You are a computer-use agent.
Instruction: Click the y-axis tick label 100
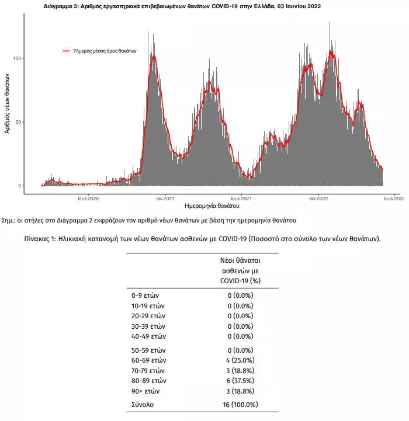pyautogui.click(x=17, y=58)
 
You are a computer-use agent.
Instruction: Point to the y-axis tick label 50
pyautogui.click(x=18, y=122)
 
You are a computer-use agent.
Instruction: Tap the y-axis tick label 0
pyautogui.click(x=20, y=186)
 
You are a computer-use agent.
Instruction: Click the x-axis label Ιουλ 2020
pyautogui.click(x=88, y=199)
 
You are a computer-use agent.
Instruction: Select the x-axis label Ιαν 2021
pyautogui.click(x=165, y=199)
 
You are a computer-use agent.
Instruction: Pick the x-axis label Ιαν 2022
pyautogui.click(x=318, y=199)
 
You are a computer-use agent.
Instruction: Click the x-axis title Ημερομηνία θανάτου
pyautogui.click(x=212, y=206)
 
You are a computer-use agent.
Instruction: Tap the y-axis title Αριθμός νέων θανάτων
pyautogui.click(x=7, y=103)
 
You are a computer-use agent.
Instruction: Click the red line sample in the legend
pyautogui.click(x=66, y=51)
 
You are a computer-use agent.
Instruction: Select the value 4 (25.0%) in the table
pyautogui.click(x=240, y=360)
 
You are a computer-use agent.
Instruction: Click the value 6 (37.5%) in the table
pyautogui.click(x=240, y=381)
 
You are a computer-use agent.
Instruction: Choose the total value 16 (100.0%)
pyautogui.click(x=240, y=405)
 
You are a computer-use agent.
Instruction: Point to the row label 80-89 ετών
pyautogui.click(x=149, y=381)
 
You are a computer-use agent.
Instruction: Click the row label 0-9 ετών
pyautogui.click(x=145, y=295)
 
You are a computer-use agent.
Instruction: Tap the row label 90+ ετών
pyautogui.click(x=145, y=391)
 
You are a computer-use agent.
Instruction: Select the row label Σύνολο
pyautogui.click(x=143, y=405)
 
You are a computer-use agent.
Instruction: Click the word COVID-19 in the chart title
pyautogui.click(x=224, y=6)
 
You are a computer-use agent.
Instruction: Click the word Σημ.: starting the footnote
pyautogui.click(x=8, y=221)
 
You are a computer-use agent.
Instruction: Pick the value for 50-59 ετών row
pyautogui.click(x=240, y=350)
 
